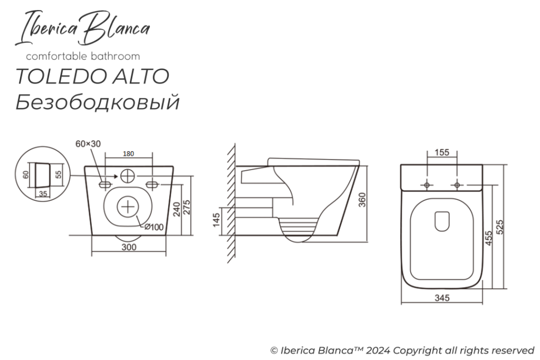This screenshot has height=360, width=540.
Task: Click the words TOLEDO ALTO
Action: point(92,77)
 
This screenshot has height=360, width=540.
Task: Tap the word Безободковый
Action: point(97,102)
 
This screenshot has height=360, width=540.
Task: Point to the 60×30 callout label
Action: point(88,144)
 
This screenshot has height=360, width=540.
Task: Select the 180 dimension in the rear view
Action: point(128,154)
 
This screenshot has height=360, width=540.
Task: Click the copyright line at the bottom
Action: point(402,351)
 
